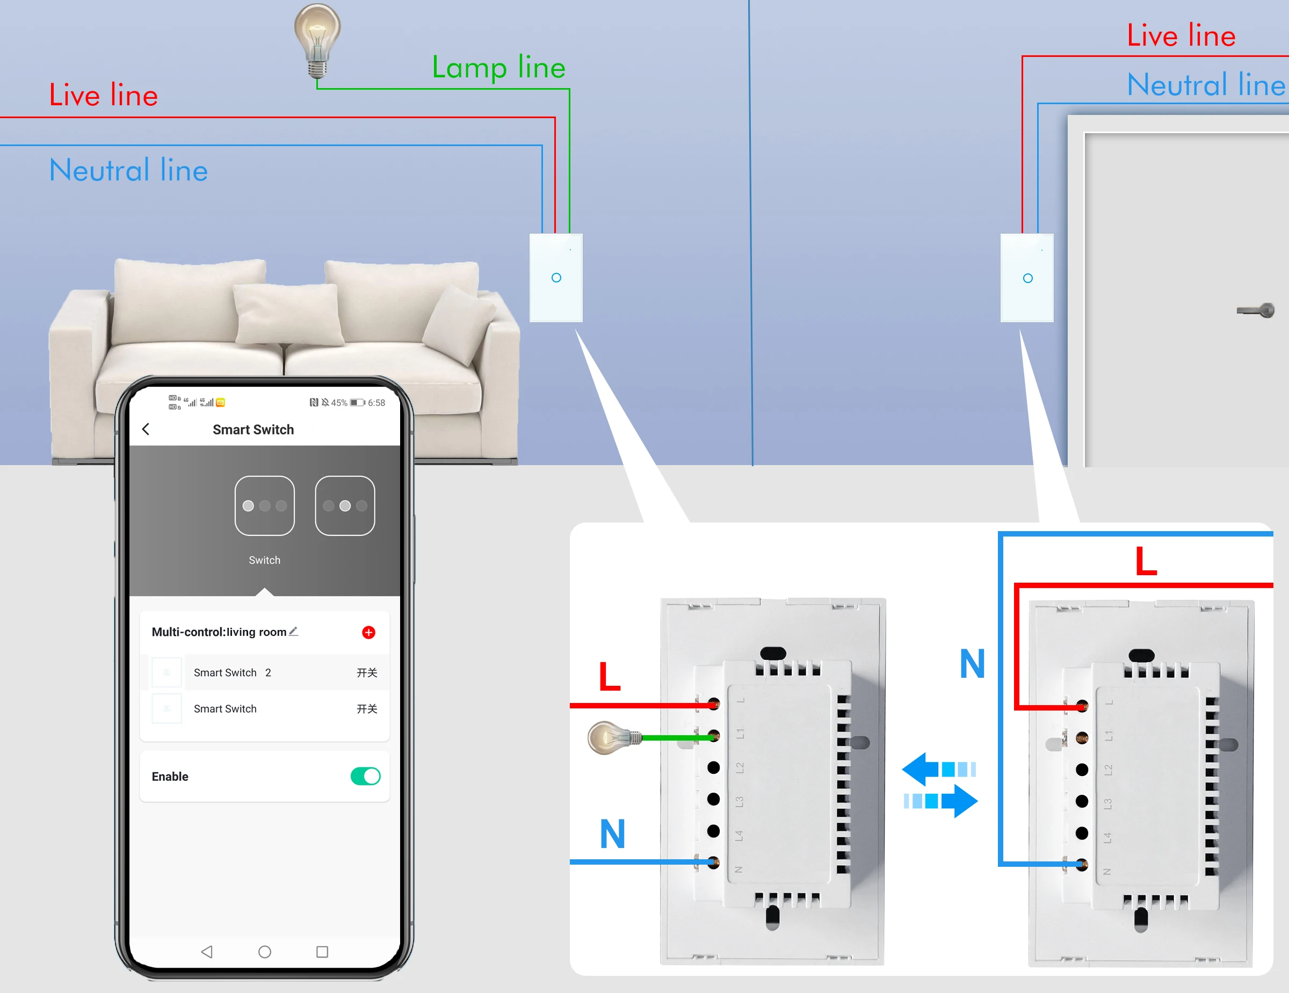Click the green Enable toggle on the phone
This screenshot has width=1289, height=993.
(365, 776)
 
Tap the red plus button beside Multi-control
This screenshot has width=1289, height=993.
(368, 633)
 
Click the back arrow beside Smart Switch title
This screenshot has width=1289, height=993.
(146, 429)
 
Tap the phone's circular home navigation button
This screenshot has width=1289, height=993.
(264, 952)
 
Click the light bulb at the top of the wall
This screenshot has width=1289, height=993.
(317, 38)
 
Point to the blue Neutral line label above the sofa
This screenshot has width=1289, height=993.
(128, 171)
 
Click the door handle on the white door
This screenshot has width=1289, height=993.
(1257, 310)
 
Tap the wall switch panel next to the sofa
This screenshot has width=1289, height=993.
(555, 278)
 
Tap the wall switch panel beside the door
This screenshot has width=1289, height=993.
(1027, 278)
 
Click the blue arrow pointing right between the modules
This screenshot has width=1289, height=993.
(942, 801)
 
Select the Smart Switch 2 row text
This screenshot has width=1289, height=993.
(233, 672)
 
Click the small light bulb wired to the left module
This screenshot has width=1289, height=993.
(611, 737)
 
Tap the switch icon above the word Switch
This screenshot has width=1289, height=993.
(264, 506)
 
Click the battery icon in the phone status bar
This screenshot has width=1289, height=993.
(357, 402)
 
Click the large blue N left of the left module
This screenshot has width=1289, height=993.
(612, 833)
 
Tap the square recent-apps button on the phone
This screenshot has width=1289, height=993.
(322, 952)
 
